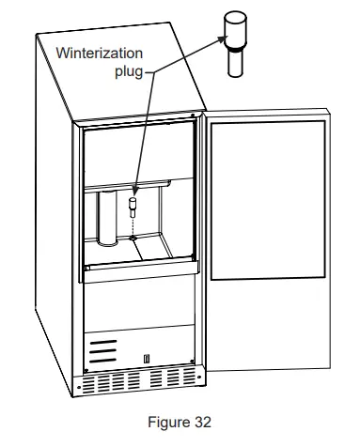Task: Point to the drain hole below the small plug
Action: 133,238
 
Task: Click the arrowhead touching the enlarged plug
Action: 223,39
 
